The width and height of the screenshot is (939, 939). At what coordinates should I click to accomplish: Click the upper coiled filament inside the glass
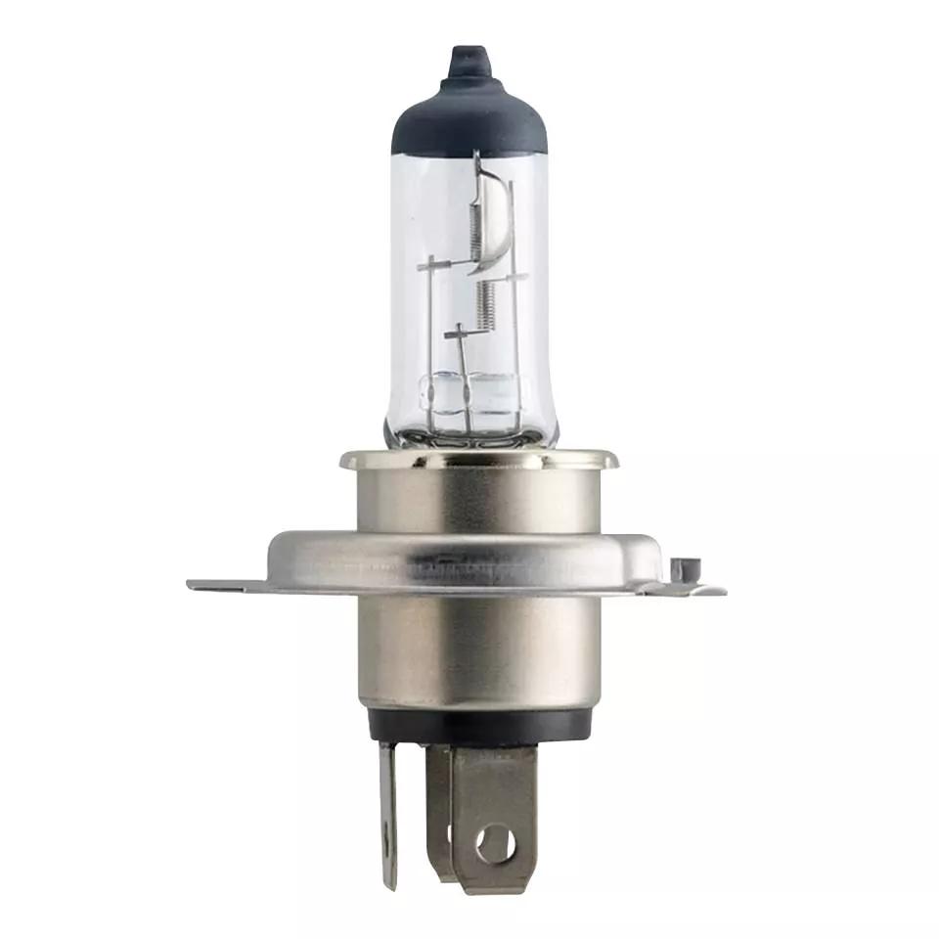[x=477, y=225]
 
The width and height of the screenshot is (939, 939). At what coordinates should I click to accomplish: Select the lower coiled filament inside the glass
[x=482, y=303]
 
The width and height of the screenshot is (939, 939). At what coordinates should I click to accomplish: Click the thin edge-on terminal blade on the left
[x=389, y=812]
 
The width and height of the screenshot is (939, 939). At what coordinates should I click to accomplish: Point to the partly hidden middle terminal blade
[x=440, y=812]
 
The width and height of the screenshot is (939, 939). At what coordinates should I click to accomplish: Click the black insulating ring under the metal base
[x=479, y=724]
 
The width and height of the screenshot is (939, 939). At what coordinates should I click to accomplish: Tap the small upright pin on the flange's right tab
[x=685, y=567]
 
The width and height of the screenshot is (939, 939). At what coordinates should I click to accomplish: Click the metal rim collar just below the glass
[x=479, y=459]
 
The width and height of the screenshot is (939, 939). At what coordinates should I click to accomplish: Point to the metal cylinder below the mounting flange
[x=479, y=650]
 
